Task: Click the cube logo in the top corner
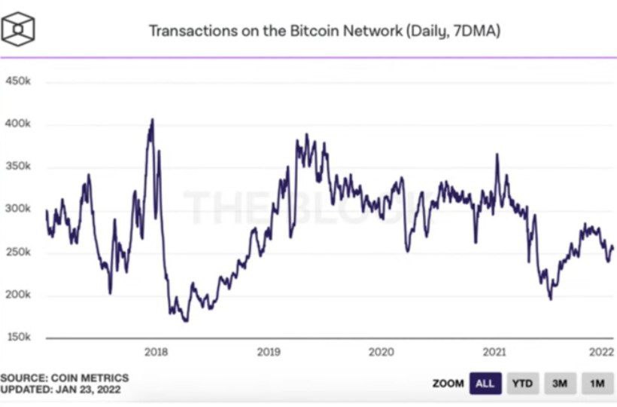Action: pyautogui.click(x=18, y=29)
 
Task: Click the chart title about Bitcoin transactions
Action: pyautogui.click(x=324, y=31)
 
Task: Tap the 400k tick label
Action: pyautogui.click(x=18, y=124)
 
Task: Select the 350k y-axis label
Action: pyautogui.click(x=18, y=167)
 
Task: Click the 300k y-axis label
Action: pyautogui.click(x=18, y=210)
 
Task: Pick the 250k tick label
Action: pyautogui.click(x=18, y=252)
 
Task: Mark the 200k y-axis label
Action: pyautogui.click(x=18, y=295)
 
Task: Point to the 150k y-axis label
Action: pyautogui.click(x=18, y=337)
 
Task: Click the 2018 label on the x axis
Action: pyautogui.click(x=156, y=351)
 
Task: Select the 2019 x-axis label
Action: pyautogui.click(x=269, y=351)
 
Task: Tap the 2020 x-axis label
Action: pyautogui.click(x=381, y=351)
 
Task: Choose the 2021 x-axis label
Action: pyautogui.click(x=493, y=351)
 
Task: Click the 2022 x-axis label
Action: pyautogui.click(x=601, y=351)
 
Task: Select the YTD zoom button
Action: pyautogui.click(x=522, y=384)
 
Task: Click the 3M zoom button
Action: pyautogui.click(x=559, y=384)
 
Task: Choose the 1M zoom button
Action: pyautogui.click(x=597, y=384)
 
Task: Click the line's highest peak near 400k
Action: pyautogui.click(x=152, y=119)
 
